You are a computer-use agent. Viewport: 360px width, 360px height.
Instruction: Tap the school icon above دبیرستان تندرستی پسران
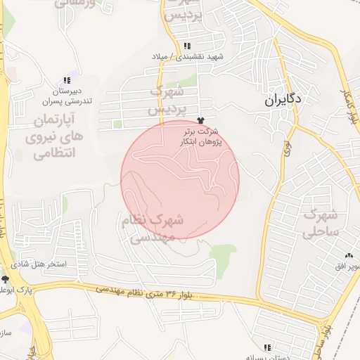tap(67, 80)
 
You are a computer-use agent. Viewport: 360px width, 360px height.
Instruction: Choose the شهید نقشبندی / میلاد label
tap(186, 56)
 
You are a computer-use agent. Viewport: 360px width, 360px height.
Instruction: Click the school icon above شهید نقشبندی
tap(186, 46)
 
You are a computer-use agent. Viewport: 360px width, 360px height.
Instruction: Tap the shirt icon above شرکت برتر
tap(201, 122)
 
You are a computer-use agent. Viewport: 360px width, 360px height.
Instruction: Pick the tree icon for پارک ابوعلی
tap(6, 280)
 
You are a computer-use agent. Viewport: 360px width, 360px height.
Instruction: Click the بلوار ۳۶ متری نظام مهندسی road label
tap(156, 292)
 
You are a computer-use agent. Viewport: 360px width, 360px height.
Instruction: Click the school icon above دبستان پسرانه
tap(266, 348)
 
